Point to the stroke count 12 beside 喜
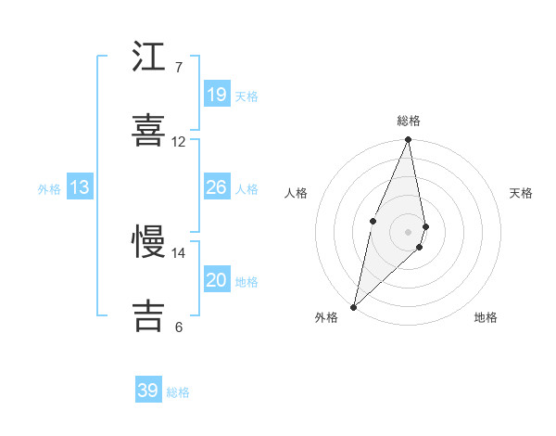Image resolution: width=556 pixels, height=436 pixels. point(179,142)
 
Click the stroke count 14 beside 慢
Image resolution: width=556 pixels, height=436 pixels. point(179,252)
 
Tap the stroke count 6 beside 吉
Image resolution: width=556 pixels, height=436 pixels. point(178,327)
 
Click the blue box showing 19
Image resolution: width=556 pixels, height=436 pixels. point(217,95)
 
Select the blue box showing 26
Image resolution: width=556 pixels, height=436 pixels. point(217,187)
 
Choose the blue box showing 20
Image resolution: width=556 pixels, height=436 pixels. point(217,280)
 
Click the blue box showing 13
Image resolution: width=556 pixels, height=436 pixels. point(80,187)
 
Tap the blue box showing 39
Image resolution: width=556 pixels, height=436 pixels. point(148,391)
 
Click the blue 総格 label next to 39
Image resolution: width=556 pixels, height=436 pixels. point(179,392)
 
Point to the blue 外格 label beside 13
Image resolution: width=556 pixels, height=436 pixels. point(49,189)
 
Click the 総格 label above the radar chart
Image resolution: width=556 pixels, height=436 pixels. point(409,121)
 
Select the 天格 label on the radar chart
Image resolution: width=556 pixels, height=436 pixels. point(522,193)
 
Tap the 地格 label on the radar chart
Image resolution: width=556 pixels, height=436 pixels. point(486,317)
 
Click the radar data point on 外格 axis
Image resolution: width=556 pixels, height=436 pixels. point(353,306)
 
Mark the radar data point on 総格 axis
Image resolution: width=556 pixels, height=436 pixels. point(409,140)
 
